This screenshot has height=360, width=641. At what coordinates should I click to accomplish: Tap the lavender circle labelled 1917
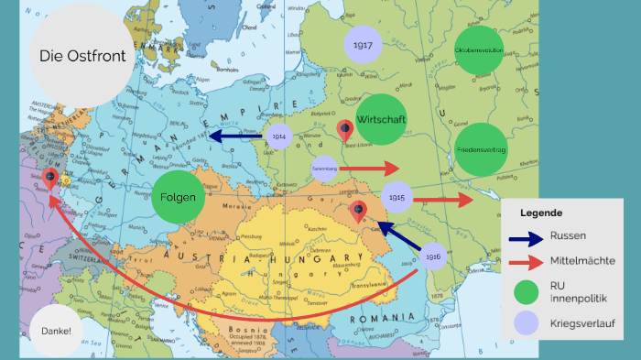click(363, 45)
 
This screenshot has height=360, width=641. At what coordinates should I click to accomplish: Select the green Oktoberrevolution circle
click(480, 51)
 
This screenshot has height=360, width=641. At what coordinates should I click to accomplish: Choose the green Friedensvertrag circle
click(481, 148)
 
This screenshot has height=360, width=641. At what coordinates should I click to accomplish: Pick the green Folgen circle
click(179, 197)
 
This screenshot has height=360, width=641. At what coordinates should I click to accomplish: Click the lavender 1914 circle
click(278, 136)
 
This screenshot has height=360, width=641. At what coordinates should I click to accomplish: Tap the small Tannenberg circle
click(324, 168)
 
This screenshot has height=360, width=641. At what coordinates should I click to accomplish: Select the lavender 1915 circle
click(396, 197)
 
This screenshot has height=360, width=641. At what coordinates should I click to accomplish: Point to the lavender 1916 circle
click(433, 257)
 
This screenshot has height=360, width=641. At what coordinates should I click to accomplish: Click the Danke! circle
click(55, 329)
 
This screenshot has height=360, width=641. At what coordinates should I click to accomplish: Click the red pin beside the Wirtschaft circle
click(345, 131)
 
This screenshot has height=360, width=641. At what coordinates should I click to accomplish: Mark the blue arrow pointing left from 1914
click(235, 136)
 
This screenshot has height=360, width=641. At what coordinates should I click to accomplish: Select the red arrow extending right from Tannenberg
click(370, 169)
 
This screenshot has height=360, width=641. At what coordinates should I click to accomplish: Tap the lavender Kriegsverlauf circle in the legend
click(526, 322)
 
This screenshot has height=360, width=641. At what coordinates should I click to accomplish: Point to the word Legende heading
click(542, 213)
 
